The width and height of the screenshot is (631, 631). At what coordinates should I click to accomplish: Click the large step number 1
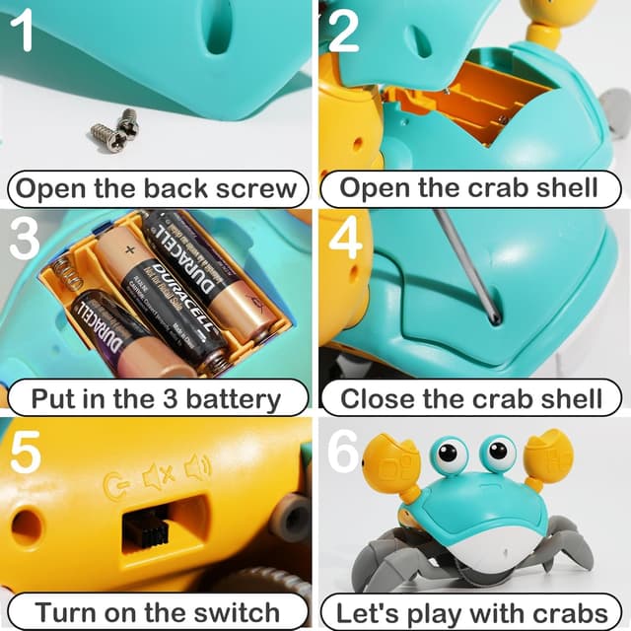[24, 33]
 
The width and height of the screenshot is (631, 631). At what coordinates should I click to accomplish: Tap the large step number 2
[342, 33]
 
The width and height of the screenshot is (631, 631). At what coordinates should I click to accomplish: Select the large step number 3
[25, 240]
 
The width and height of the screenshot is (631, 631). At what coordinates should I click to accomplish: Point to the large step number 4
[344, 240]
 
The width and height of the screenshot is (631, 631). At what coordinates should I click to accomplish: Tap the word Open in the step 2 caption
[377, 187]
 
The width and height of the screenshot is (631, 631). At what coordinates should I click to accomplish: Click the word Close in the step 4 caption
[379, 398]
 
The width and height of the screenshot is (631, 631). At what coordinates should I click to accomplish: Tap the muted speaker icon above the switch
[159, 477]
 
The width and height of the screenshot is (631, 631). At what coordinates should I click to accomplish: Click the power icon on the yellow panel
[118, 484]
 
